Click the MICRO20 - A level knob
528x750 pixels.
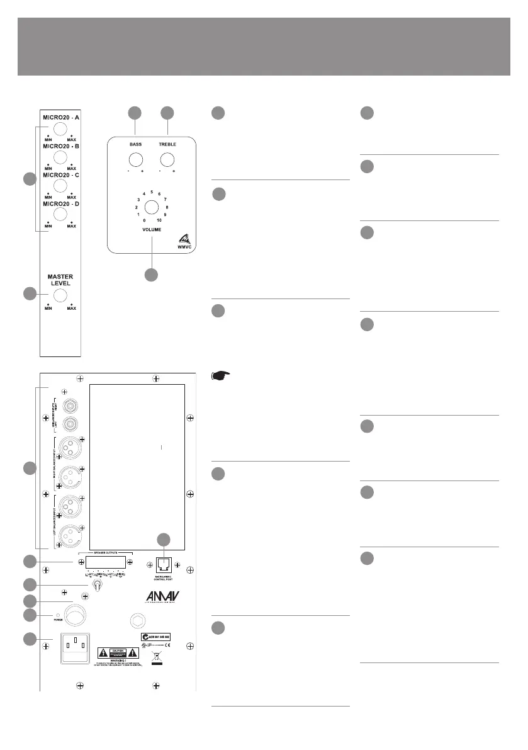point(60,129)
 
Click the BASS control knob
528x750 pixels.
point(135,158)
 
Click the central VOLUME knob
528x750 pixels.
point(151,207)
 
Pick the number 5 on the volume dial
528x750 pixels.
point(152,191)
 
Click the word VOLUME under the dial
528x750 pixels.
point(151,230)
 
